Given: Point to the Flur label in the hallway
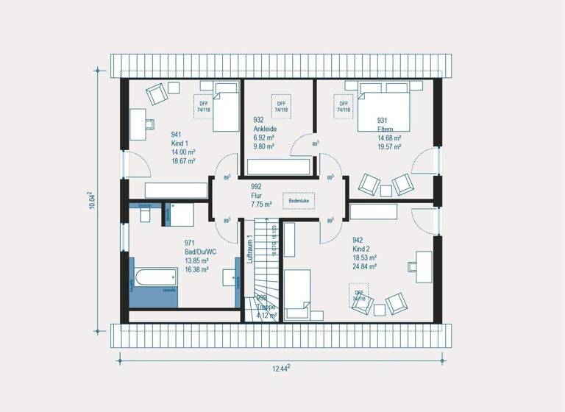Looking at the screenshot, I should (257, 196).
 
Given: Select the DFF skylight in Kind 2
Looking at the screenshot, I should (359, 296).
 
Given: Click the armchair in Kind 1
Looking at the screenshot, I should (156, 93).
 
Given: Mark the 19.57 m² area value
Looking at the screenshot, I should (389, 147).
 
